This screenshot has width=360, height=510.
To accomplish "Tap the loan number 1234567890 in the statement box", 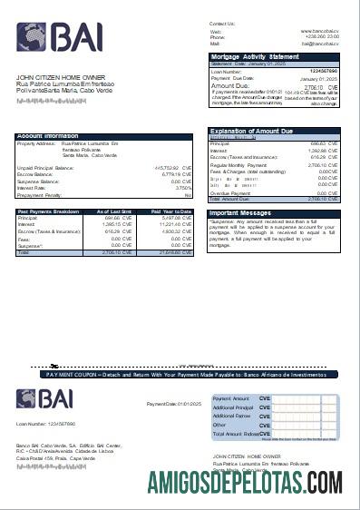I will (x=324, y=71).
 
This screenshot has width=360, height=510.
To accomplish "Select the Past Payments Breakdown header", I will (x=48, y=211).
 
